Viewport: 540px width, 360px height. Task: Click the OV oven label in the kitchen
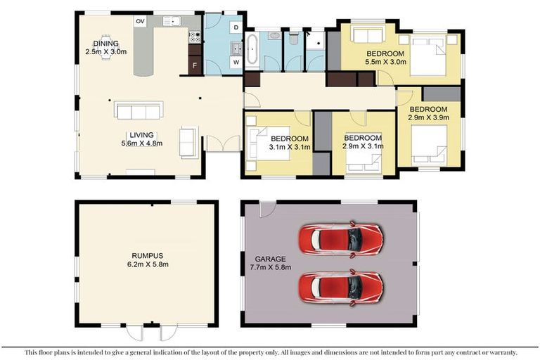pyautogui.click(x=140, y=22)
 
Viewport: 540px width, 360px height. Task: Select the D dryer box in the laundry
pyautogui.click(x=236, y=27)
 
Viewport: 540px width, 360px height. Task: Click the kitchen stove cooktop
pyautogui.click(x=195, y=36)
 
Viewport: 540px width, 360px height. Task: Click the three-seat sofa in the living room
pyautogui.click(x=139, y=112)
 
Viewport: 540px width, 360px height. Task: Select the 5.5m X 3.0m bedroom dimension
pyautogui.click(x=384, y=63)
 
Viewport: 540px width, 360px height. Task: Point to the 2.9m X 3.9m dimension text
pyautogui.click(x=428, y=118)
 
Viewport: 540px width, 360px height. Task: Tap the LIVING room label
pyautogui.click(x=141, y=134)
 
